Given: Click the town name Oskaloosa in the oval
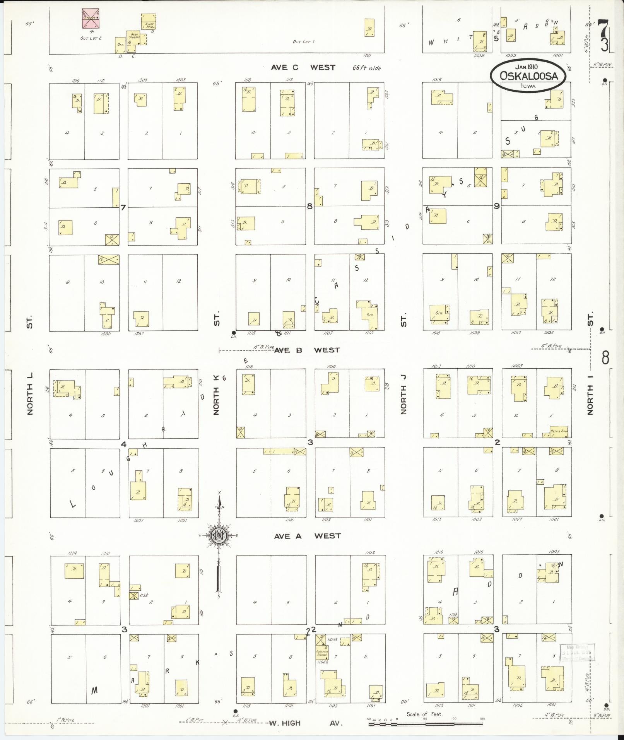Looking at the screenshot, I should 528,76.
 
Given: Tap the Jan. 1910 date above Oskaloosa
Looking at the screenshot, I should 528,67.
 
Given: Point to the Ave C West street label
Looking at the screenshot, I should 303,67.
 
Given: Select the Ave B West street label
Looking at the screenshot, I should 307,350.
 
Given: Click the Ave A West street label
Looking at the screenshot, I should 307,536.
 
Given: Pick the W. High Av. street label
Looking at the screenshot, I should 306,723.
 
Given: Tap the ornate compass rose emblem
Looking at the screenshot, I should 219,535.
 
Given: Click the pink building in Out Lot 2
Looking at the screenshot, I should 90,19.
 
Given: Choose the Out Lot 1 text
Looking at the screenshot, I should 304,42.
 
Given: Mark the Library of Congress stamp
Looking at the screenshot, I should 576,653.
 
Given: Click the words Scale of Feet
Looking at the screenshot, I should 424,714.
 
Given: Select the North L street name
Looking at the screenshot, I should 30,394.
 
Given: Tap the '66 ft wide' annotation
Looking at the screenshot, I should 366,68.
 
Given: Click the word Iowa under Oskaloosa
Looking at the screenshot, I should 528,86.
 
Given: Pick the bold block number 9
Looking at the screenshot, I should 496,206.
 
